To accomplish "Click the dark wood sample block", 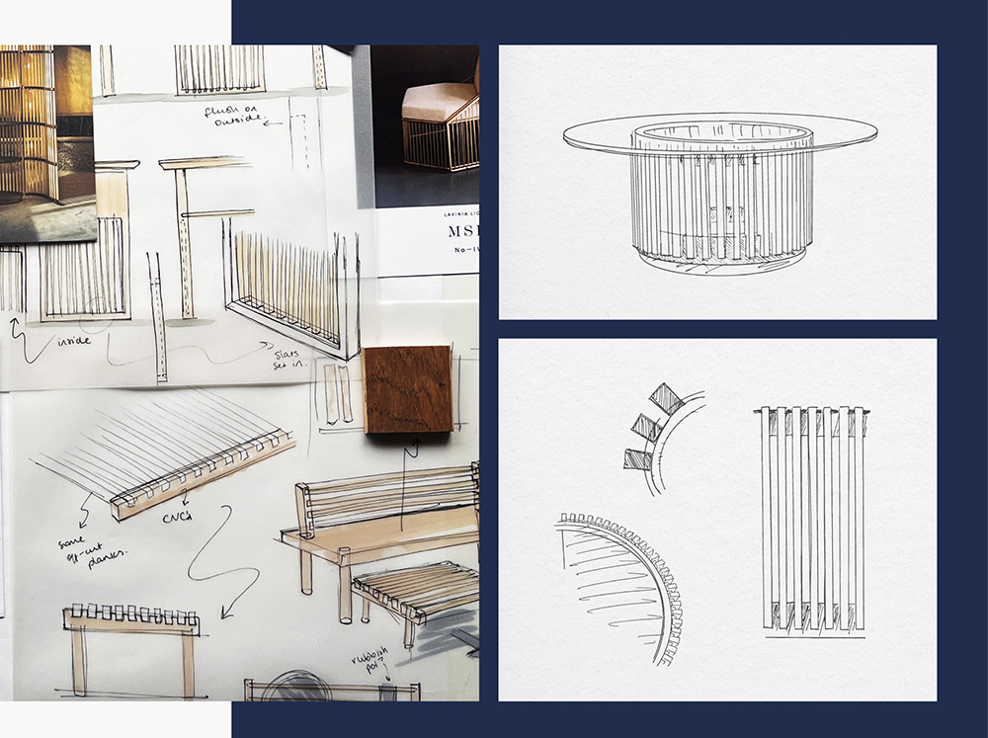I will [407, 388].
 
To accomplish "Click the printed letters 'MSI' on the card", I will [453, 244].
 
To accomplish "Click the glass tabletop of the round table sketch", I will [718, 132].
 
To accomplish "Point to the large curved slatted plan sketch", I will [617, 583].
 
